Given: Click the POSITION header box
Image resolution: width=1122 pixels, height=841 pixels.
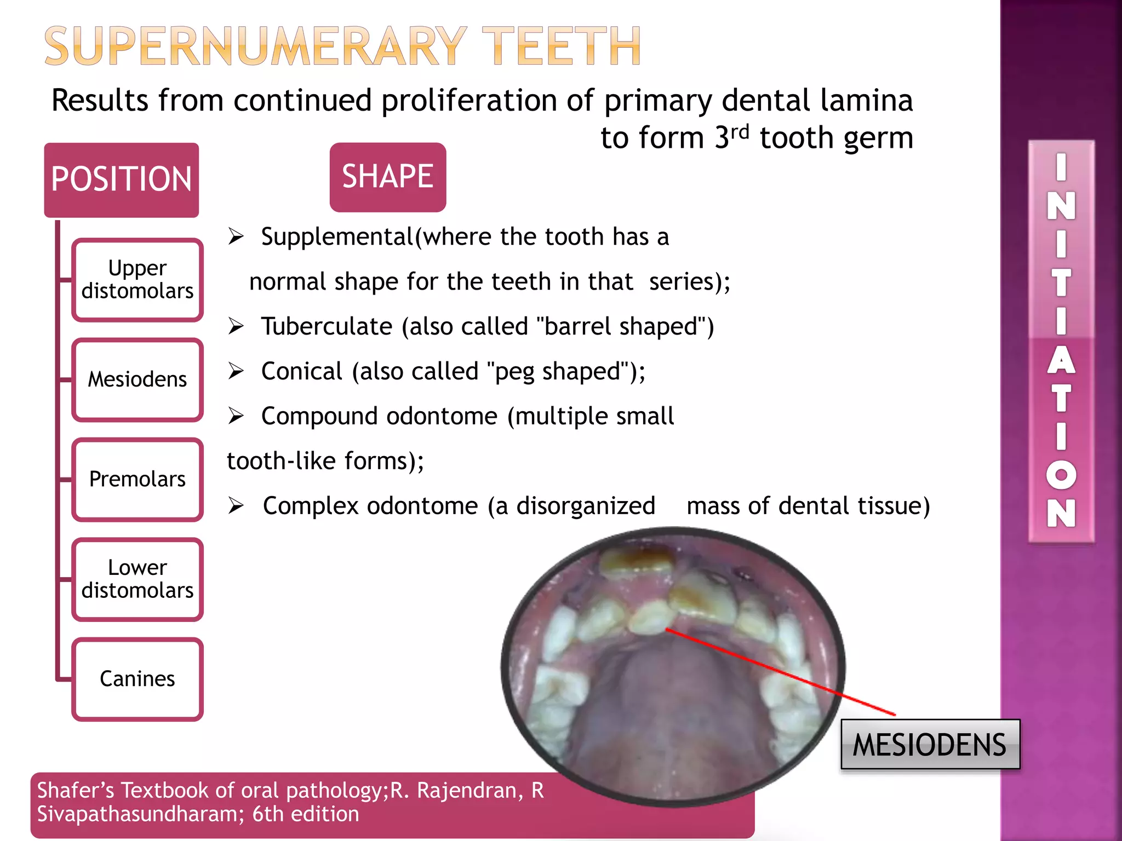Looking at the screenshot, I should pyautogui.click(x=121, y=180).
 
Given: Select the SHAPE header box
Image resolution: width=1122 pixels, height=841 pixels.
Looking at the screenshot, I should pyautogui.click(x=387, y=177).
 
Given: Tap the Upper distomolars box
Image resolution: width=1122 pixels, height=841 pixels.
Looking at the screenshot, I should pyautogui.click(x=138, y=280).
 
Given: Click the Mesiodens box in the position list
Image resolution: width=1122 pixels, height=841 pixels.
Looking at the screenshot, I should pyautogui.click(x=138, y=379).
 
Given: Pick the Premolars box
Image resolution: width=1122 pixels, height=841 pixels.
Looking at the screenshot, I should pyautogui.click(x=138, y=479).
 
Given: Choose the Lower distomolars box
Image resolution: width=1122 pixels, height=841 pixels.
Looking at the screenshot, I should pyautogui.click(x=138, y=579).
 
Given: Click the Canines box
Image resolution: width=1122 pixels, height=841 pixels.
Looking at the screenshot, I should pyautogui.click(x=138, y=679).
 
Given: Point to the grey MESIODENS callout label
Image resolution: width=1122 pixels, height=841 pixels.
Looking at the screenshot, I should pyautogui.click(x=930, y=745).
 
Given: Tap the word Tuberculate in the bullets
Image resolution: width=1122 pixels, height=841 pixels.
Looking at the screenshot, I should pyautogui.click(x=327, y=327).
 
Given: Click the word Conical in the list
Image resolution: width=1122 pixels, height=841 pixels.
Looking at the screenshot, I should pyautogui.click(x=301, y=372).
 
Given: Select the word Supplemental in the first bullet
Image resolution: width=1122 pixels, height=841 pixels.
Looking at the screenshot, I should pyautogui.click(x=336, y=237).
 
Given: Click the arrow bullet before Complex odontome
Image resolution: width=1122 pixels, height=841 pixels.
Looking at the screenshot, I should pyautogui.click(x=236, y=505).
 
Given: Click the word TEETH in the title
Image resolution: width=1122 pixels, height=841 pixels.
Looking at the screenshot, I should pyautogui.click(x=561, y=47).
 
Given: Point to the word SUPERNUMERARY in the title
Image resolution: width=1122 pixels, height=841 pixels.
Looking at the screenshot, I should pyautogui.click(x=255, y=47).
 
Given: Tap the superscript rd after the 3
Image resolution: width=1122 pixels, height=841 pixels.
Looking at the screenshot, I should pyautogui.click(x=740, y=131).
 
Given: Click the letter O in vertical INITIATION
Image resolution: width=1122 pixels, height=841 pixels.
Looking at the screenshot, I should pyautogui.click(x=1061, y=475).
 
